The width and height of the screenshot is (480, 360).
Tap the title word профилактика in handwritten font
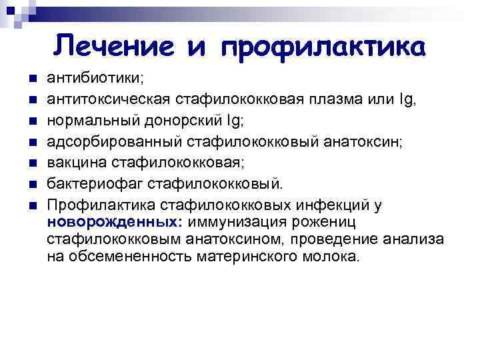coord(323,48)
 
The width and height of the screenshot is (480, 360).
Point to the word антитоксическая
coord(109,100)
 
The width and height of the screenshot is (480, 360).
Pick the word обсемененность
coord(127,257)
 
